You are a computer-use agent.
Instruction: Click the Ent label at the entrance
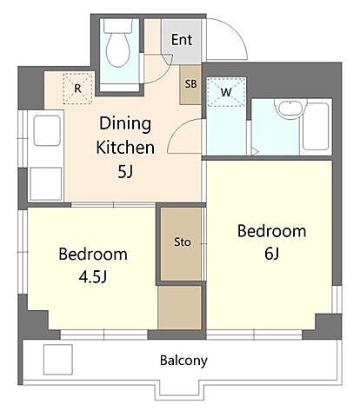tap(182, 40)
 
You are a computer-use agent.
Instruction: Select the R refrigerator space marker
tap(77, 89)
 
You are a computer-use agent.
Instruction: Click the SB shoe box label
tap(191, 84)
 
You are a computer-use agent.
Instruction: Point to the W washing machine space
tap(226, 92)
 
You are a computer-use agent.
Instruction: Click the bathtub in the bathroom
tap(316, 127)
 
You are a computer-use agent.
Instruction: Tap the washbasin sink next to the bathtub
tap(290, 109)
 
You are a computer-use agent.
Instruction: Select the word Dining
tap(125, 124)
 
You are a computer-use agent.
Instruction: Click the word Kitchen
tap(125, 148)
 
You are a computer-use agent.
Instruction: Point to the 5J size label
tap(125, 172)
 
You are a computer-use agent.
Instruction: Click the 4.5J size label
tap(93, 277)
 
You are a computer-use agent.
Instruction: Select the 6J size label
tap(271, 254)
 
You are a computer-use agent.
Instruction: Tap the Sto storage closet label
tap(183, 242)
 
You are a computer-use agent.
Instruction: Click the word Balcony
tap(183, 361)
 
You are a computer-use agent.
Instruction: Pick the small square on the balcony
tap(57, 360)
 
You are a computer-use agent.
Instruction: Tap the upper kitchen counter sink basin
tap(47, 130)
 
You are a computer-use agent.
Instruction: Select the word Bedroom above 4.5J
tap(93, 255)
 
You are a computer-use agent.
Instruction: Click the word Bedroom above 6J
tap(271, 231)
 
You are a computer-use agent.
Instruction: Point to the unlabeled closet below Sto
tap(180, 308)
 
